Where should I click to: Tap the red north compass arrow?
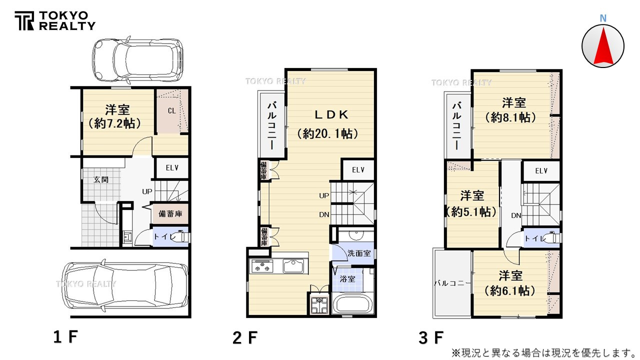[603, 46]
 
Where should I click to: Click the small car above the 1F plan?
[137, 58]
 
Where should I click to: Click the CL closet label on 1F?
[171, 111]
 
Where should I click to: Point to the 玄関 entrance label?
[101, 179]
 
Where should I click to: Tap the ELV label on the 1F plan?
[172, 168]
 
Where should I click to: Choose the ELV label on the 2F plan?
[358, 170]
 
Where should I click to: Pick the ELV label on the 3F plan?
[541, 171]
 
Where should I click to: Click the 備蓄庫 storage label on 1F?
[170, 214]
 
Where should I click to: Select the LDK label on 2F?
[331, 114]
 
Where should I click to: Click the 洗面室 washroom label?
[359, 253]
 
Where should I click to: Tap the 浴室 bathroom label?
[347, 279]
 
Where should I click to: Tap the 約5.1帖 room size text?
[471, 212]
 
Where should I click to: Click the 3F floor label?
[431, 338]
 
